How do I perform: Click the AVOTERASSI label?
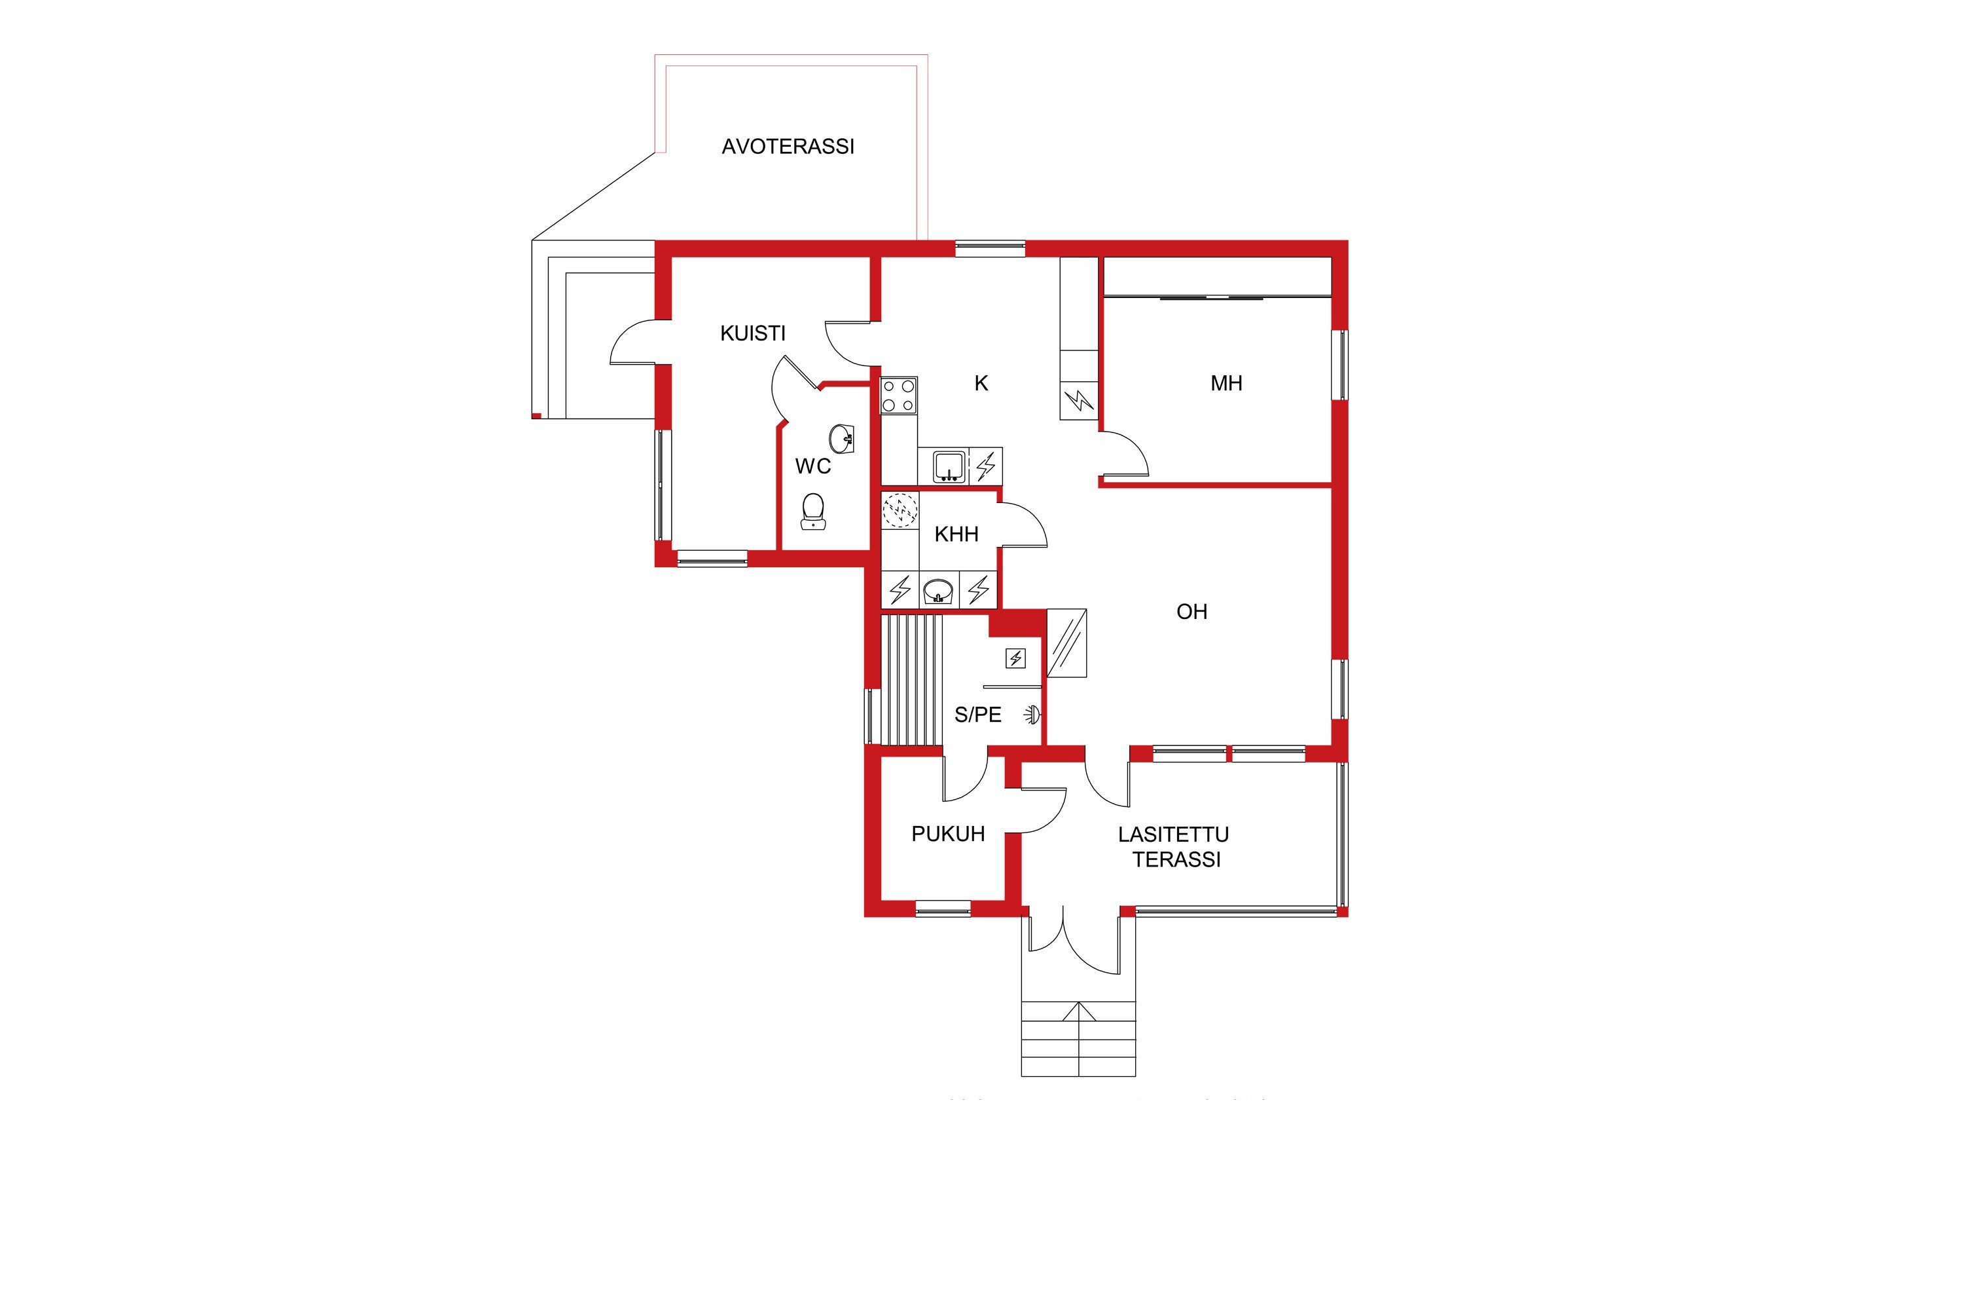pyautogui.click(x=788, y=146)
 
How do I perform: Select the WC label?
pyautogui.click(x=812, y=466)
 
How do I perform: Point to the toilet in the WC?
pyautogui.click(x=812, y=512)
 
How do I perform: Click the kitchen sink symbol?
pyautogui.click(x=949, y=466)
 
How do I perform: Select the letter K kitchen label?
pyautogui.click(x=981, y=383)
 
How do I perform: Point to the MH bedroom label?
pyautogui.click(x=1226, y=383)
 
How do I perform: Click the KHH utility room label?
pyautogui.click(x=956, y=534)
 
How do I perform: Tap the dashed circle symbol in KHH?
pyautogui.click(x=900, y=510)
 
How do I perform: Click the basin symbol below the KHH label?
pyautogui.click(x=939, y=591)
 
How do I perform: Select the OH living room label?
pyautogui.click(x=1191, y=612)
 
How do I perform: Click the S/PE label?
pyautogui.click(x=978, y=715)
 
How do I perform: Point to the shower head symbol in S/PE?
pyautogui.click(x=1034, y=715)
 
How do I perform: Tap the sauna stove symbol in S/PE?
pyautogui.click(x=1015, y=659)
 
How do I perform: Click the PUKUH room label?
pyautogui.click(x=948, y=834)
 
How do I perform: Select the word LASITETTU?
pyautogui.click(x=1173, y=834)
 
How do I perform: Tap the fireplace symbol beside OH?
pyautogui.click(x=1066, y=643)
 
